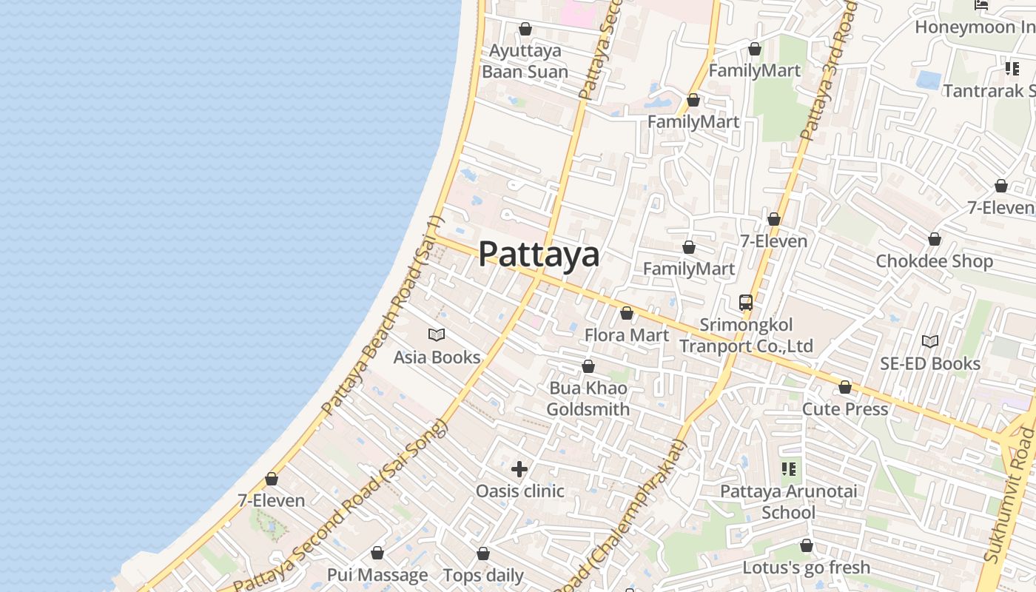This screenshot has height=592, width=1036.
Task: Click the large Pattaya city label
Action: click(539, 254)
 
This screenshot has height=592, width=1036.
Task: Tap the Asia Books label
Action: click(437, 357)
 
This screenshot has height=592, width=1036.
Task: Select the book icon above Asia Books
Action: click(437, 335)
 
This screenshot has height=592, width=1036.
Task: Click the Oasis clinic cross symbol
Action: click(519, 469)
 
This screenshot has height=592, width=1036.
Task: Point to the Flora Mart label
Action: click(627, 335)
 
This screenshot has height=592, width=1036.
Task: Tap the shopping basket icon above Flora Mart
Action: click(627, 314)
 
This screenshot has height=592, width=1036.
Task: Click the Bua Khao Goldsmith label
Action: click(588, 399)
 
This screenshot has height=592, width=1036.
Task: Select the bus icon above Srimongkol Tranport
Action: click(746, 303)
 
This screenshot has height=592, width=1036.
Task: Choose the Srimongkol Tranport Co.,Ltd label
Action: click(746, 335)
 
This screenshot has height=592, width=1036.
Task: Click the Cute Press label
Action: click(845, 409)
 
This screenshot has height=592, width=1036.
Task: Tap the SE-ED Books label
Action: click(930, 363)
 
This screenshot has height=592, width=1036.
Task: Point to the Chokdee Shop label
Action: click(935, 261)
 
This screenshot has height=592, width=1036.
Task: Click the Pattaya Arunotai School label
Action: click(789, 502)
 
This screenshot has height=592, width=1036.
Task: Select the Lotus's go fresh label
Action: click(807, 568)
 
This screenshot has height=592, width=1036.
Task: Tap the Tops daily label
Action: click(483, 575)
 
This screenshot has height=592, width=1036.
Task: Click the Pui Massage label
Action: click(377, 575)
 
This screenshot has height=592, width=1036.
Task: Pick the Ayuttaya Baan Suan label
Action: click(525, 61)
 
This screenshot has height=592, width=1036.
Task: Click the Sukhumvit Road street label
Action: click(1012, 503)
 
